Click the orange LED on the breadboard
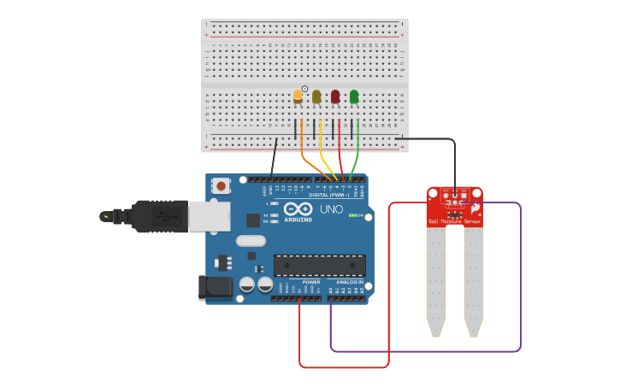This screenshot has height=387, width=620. (298, 96)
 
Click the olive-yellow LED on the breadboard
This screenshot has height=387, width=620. (316, 97)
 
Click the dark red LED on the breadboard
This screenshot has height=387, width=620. (335, 97)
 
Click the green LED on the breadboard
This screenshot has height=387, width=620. (354, 97)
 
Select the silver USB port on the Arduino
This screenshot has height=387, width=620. (209, 216)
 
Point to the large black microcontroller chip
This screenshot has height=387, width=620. (319, 265)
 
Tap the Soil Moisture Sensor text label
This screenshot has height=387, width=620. (454, 221)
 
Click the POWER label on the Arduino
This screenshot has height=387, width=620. (311, 282)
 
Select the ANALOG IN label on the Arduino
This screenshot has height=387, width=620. (349, 282)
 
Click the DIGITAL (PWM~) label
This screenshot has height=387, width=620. (329, 196)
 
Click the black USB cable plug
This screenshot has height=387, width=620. (158, 216)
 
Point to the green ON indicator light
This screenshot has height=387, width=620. (353, 215)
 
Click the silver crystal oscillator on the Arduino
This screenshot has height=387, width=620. (251, 240)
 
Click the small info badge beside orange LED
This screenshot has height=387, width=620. (304, 89)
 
